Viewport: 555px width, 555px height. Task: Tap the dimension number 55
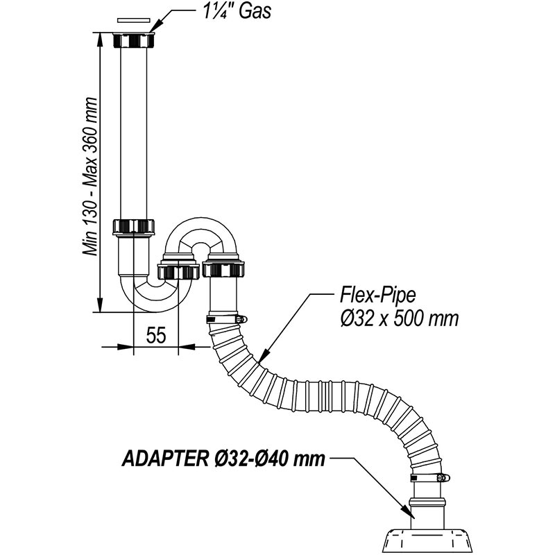tap(157, 336)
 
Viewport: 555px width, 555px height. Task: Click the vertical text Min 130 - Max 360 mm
tap(89, 178)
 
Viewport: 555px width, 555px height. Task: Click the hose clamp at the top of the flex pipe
tap(225, 319)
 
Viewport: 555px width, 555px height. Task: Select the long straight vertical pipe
tap(135, 132)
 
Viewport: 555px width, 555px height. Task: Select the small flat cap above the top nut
tap(135, 22)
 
